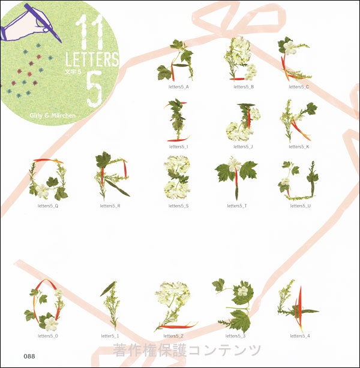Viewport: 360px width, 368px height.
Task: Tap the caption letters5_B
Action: [244, 87]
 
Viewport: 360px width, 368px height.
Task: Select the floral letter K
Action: [298, 120]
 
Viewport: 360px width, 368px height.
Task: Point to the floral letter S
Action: [177, 177]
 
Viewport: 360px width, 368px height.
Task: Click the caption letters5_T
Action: [237, 206]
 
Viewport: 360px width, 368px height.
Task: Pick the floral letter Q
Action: [48, 180]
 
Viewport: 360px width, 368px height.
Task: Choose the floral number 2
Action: [175, 306]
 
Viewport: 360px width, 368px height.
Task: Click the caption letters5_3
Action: [235, 336]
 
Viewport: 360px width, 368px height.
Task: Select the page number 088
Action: [29, 356]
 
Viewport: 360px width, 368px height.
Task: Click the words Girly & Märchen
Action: [53, 116]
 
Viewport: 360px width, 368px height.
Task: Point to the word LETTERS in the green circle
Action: [92, 59]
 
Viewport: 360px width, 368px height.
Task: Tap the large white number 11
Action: [89, 32]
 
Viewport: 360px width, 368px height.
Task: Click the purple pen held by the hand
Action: [43, 23]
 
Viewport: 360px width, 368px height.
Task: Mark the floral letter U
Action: [298, 180]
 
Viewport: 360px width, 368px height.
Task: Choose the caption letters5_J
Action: [243, 147]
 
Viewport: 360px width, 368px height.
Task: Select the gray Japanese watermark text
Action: [187, 350]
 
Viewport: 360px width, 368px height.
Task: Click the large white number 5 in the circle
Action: [94, 89]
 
